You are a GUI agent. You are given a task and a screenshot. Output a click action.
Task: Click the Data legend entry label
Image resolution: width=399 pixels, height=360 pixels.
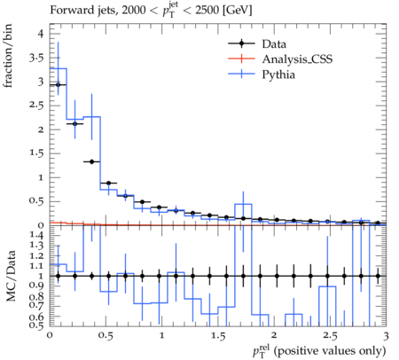click(x=274, y=44)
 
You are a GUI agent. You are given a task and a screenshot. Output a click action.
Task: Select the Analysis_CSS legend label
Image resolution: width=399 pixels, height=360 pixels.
click(x=297, y=59)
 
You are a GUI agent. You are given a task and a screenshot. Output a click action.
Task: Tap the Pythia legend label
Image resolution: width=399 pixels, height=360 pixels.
click(x=278, y=74)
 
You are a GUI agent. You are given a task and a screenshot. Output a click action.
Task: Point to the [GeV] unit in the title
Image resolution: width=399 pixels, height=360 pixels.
click(x=237, y=11)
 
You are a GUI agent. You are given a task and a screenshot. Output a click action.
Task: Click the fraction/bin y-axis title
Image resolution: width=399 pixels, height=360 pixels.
click(x=8, y=56)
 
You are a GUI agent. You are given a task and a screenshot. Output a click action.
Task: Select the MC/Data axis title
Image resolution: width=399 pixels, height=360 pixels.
click(x=11, y=276)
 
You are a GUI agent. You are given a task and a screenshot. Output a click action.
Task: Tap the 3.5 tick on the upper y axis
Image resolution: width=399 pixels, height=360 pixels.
click(x=36, y=58)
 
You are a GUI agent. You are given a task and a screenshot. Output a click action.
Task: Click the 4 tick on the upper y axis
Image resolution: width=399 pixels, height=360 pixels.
click(x=41, y=34)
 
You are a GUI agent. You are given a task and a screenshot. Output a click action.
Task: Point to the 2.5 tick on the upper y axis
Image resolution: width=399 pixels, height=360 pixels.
click(x=36, y=106)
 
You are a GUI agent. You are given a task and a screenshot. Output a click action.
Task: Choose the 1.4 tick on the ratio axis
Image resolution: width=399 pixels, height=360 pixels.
click(x=36, y=235)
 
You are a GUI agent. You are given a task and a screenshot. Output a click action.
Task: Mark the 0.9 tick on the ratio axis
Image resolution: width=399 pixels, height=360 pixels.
click(x=36, y=286)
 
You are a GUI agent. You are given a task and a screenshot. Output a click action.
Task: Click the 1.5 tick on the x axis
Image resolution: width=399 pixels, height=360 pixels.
click(x=218, y=336)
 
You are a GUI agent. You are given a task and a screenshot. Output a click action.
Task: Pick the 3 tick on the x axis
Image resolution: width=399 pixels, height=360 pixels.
click(x=386, y=336)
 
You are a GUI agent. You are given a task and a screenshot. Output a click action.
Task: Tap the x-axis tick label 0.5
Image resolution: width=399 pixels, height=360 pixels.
click(x=106, y=336)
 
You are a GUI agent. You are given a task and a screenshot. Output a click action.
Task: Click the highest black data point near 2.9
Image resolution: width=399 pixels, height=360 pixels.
click(x=378, y=223)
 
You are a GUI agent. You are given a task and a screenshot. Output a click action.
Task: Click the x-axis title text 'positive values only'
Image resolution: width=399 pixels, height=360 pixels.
click(x=330, y=351)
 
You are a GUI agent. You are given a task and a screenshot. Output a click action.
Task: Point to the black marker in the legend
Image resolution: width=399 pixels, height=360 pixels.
click(x=241, y=43)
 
